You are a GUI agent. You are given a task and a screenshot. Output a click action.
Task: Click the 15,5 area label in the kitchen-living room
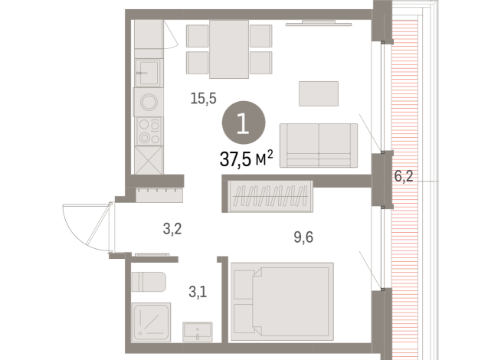[203, 98]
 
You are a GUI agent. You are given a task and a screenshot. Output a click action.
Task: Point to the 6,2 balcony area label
[404, 176]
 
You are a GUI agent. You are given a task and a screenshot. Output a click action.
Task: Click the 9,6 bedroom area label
[303, 237]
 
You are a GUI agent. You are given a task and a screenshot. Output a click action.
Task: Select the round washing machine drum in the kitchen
[148, 101]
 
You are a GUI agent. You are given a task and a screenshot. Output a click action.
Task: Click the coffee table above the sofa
[319, 93]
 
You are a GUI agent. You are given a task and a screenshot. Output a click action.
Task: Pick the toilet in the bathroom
[147, 282]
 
